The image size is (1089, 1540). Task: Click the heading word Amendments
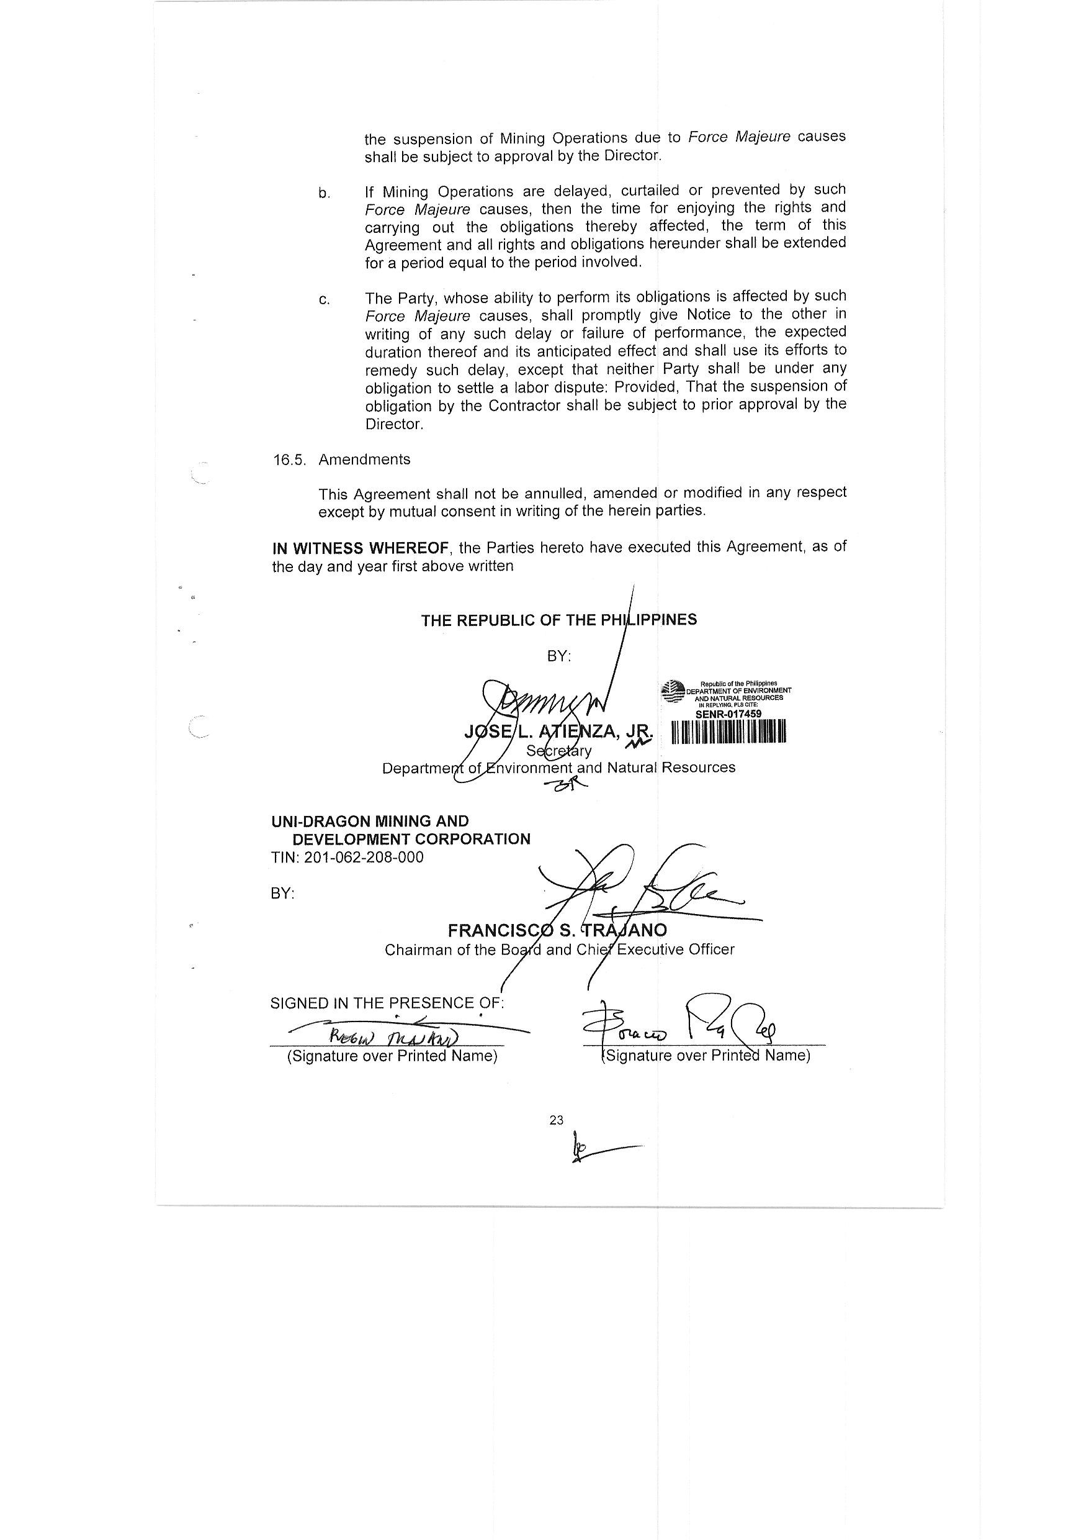pyautogui.click(x=364, y=460)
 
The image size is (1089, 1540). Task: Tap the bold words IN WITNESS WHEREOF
pyautogui.click(x=360, y=548)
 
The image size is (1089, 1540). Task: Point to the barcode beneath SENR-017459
pyautogui.click(x=728, y=731)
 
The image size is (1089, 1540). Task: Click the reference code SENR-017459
pyautogui.click(x=728, y=714)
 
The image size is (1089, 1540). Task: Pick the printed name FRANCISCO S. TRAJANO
pyautogui.click(x=557, y=931)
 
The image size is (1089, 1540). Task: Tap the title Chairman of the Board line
pyautogui.click(x=559, y=950)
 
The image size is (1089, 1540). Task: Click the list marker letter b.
pyautogui.click(x=324, y=194)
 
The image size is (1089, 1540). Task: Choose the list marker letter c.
pyautogui.click(x=324, y=300)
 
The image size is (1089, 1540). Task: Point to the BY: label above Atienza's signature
pyautogui.click(x=559, y=656)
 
